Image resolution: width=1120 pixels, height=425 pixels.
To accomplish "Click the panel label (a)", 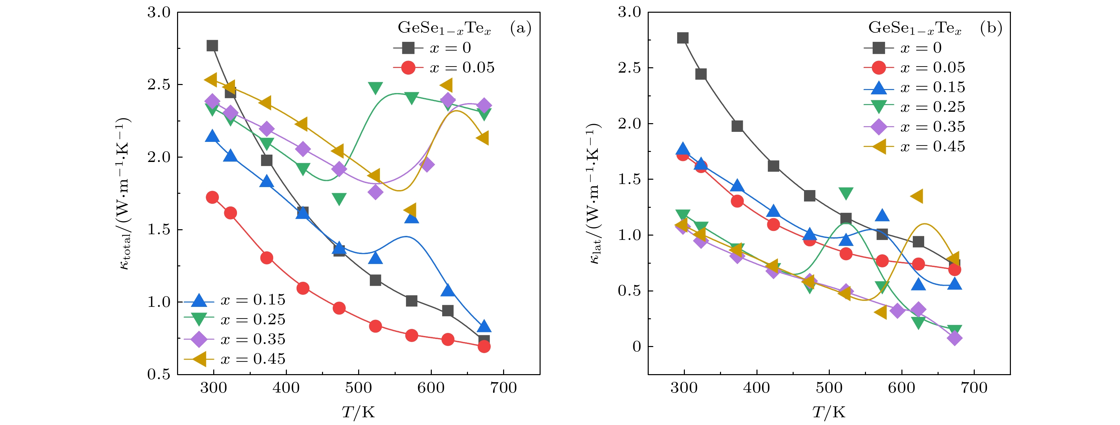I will (521, 28).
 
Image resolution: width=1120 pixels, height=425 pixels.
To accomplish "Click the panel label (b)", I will (991, 28).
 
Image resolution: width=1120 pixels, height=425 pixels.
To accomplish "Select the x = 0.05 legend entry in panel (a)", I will (444, 68).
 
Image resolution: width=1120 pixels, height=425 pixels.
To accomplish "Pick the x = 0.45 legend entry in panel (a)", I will (235, 359).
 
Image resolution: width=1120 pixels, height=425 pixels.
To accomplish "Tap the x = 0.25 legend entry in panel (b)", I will (914, 107).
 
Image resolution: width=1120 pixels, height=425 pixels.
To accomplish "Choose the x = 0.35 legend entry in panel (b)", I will (914, 127).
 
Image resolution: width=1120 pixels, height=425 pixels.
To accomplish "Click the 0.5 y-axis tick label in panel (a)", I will (159, 374).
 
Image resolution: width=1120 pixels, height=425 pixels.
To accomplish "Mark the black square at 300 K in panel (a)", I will (212, 46).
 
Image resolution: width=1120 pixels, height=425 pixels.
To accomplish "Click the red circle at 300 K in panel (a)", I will (212, 197).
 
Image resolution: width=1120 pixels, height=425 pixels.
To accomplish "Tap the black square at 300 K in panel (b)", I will (683, 38).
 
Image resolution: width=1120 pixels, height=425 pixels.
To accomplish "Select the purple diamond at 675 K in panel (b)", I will (954, 338).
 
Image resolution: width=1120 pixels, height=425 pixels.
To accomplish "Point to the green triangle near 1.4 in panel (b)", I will (846, 193).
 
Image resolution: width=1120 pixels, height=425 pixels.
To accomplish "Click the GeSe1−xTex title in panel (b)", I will (915, 28).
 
